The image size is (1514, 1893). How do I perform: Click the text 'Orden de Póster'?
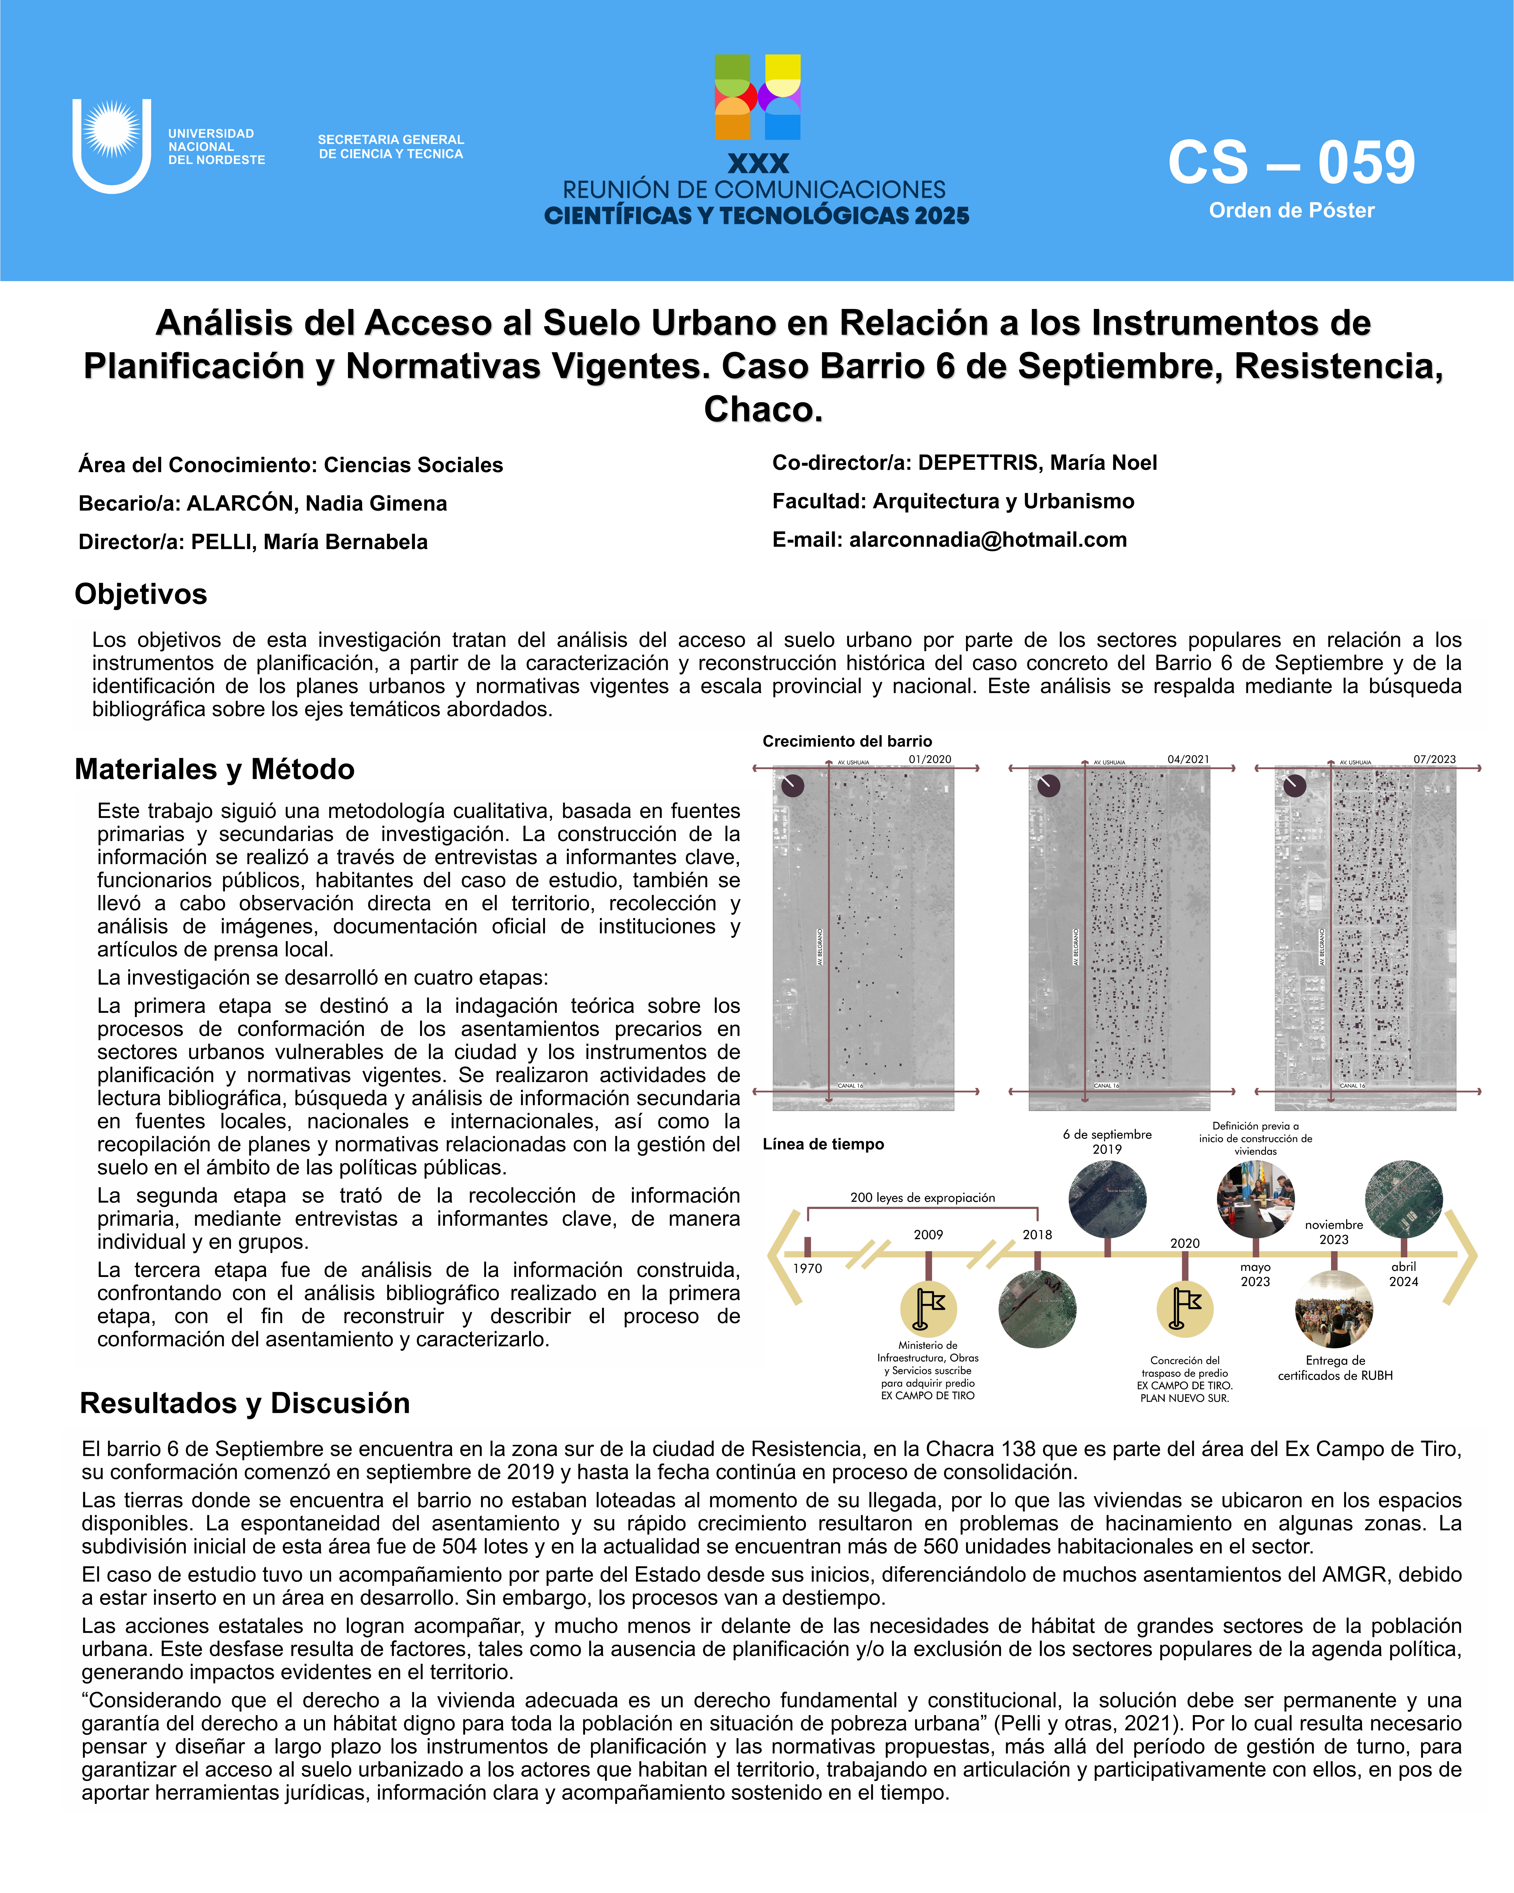(x=1291, y=211)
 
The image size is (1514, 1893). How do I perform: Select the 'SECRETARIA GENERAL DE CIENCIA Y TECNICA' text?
(x=391, y=146)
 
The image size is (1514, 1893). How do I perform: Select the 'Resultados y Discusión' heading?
(x=245, y=1403)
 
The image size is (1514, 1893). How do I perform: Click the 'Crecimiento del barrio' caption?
(x=847, y=741)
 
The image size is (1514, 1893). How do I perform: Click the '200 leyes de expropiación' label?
(x=922, y=1197)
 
